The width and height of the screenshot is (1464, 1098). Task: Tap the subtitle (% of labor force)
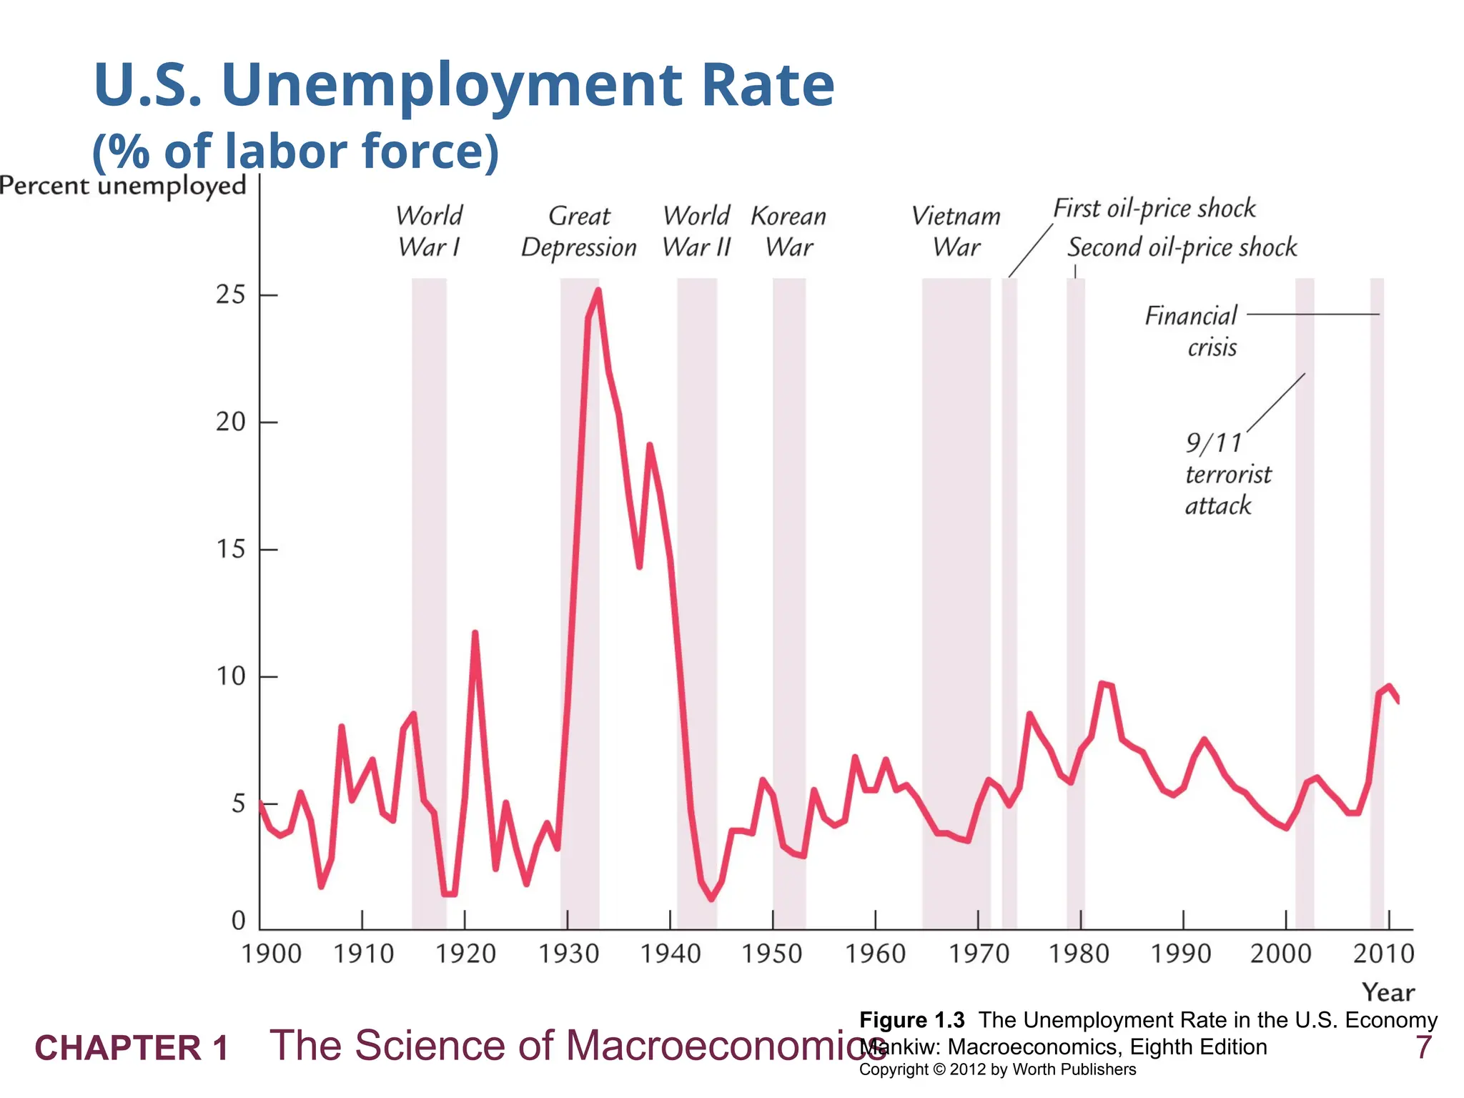(x=295, y=151)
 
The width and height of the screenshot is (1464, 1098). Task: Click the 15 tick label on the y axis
(x=231, y=549)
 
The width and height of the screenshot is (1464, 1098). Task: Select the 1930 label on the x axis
(x=568, y=954)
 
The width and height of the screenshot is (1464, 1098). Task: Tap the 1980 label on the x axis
(x=1079, y=954)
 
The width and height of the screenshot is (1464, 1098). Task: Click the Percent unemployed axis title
(x=123, y=186)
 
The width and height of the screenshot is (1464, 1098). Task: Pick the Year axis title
(x=1388, y=992)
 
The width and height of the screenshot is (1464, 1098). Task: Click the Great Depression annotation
(x=578, y=232)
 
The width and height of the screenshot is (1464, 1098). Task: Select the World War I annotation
(x=429, y=231)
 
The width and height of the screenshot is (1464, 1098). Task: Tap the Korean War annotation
(x=788, y=232)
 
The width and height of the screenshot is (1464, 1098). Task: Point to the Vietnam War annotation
(x=956, y=232)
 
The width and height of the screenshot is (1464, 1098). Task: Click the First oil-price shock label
(x=1154, y=209)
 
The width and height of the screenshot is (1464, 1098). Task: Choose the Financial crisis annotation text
(x=1192, y=331)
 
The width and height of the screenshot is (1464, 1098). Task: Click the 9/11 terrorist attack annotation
(x=1227, y=474)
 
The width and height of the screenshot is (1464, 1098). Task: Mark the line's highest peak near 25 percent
(x=598, y=291)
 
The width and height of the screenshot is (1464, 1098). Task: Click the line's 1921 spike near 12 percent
(x=475, y=633)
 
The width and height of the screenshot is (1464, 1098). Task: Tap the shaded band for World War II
(x=697, y=600)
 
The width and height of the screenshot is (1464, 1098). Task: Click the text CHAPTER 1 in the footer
(x=132, y=1048)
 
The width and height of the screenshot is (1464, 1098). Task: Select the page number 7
(x=1423, y=1048)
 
